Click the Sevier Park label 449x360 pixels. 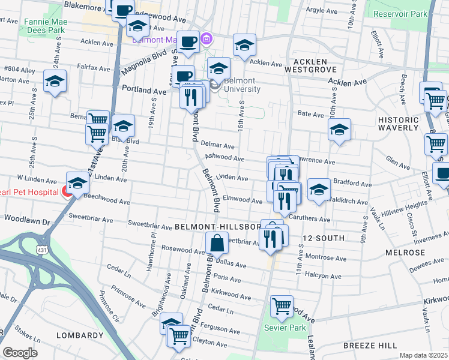pyautogui.click(x=285, y=327)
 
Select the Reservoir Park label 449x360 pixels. pyautogui.click(x=400, y=13)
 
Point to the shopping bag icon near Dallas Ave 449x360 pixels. pyautogui.click(x=217, y=244)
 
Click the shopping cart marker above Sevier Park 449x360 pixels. pyautogui.click(x=281, y=307)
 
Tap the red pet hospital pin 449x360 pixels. pyautogui.click(x=67, y=191)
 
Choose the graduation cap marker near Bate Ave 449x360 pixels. pyautogui.click(x=339, y=130)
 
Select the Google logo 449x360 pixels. pyautogui.click(x=20, y=353)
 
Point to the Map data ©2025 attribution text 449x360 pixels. pyautogui.click(x=423, y=355)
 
